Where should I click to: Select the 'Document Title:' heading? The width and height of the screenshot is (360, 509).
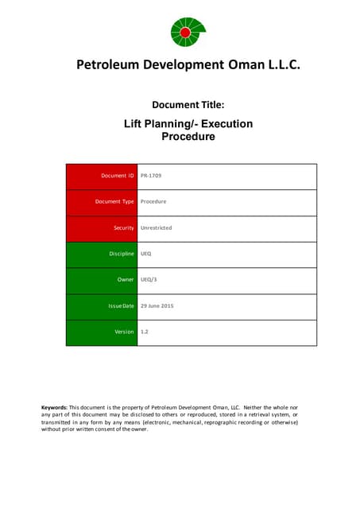click(x=188, y=104)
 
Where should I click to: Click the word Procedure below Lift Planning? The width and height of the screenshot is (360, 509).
click(x=188, y=136)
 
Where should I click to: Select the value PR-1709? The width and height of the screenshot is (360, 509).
click(x=152, y=176)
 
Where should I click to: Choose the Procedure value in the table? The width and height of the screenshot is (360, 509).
click(x=153, y=202)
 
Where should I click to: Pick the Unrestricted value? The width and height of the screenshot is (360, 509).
click(x=156, y=228)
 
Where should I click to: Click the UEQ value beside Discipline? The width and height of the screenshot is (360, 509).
click(x=146, y=254)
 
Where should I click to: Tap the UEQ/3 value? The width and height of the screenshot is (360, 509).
click(x=149, y=281)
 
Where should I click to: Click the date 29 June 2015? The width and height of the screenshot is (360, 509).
click(x=157, y=306)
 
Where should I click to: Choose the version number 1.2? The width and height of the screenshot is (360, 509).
click(x=145, y=332)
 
